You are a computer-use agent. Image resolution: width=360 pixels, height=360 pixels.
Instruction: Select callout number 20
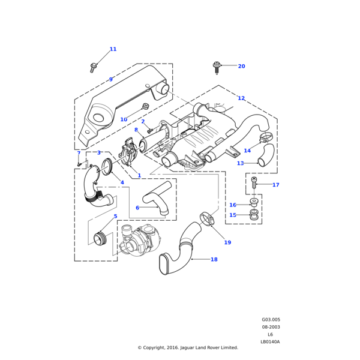[x=241, y=66]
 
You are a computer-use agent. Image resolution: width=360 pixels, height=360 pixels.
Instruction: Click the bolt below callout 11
[x=94, y=68]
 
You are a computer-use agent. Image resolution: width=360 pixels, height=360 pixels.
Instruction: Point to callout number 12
[x=241, y=98]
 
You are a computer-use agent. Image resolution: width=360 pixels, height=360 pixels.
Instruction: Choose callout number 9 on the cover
[x=110, y=79]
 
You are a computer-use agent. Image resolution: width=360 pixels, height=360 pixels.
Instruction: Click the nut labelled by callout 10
[x=145, y=107]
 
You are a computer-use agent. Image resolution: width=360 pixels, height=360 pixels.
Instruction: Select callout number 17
[x=275, y=185]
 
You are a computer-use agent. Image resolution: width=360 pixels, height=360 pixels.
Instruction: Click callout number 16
[x=233, y=205]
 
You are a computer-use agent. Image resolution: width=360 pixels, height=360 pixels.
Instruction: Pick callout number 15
[x=233, y=215]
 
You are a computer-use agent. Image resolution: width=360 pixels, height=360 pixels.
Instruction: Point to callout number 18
[x=214, y=260]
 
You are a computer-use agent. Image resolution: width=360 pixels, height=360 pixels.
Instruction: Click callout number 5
[x=115, y=216]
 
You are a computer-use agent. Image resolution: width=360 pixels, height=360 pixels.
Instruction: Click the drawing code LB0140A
[x=270, y=342]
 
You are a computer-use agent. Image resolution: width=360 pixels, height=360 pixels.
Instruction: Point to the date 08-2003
[x=271, y=327]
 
